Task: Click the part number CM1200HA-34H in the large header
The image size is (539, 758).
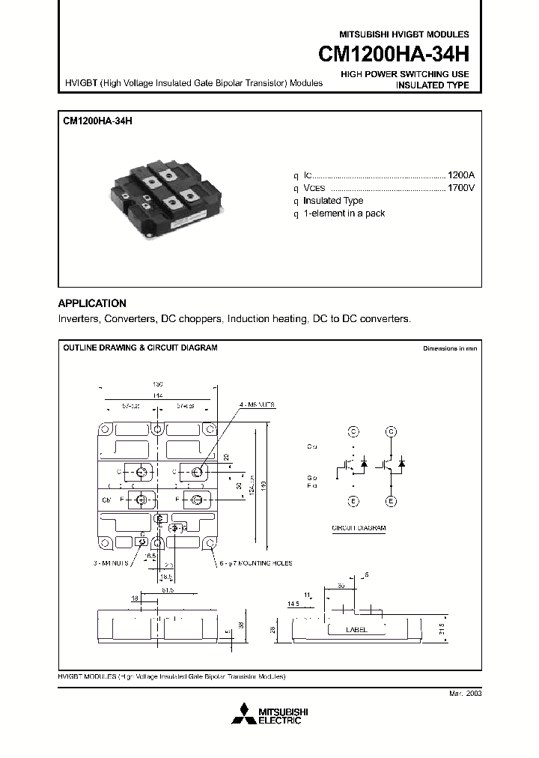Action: [x=394, y=55]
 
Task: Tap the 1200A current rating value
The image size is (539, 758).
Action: [x=460, y=174]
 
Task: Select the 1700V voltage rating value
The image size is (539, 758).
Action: [x=460, y=187]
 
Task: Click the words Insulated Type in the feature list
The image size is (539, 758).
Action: [x=333, y=201]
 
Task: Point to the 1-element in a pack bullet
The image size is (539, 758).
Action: [x=344, y=213]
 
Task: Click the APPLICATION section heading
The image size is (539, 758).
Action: [x=92, y=303]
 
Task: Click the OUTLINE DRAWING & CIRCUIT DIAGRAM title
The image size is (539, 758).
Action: [x=140, y=348]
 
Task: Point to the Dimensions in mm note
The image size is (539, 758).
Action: [x=449, y=349]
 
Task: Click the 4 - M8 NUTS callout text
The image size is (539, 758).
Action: [x=258, y=404]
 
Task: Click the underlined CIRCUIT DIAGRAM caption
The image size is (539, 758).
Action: [x=359, y=528]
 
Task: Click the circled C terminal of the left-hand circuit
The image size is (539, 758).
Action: [x=353, y=431]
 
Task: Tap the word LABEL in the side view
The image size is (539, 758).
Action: [x=356, y=630]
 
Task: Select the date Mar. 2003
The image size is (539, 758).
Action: [x=465, y=694]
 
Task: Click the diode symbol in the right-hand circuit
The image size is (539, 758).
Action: [x=402, y=464]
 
